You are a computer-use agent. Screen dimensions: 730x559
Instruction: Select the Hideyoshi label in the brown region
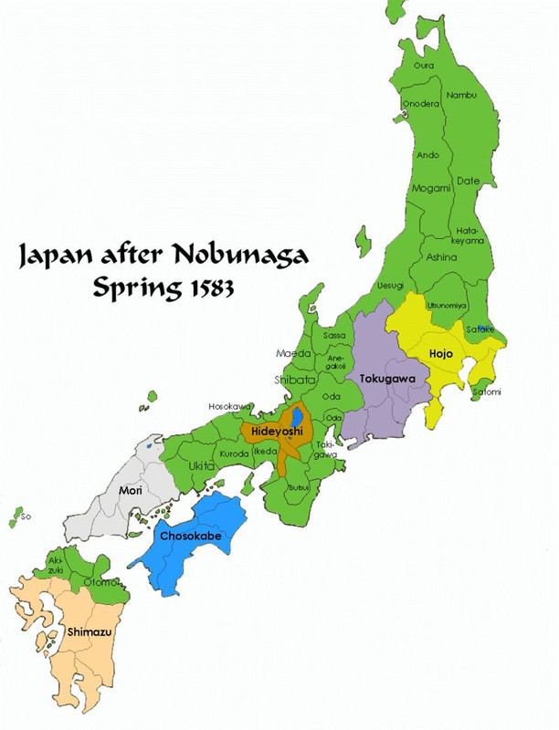(271, 427)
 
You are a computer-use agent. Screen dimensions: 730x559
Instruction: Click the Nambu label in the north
(461, 94)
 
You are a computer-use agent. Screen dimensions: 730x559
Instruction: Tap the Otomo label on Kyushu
(97, 581)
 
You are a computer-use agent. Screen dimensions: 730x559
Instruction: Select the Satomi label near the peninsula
(486, 392)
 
